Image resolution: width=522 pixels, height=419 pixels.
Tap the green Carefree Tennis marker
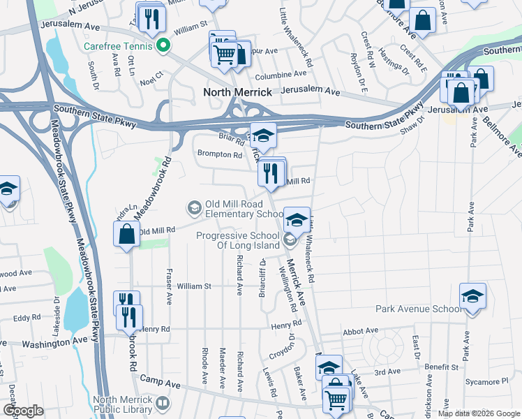click(164, 47)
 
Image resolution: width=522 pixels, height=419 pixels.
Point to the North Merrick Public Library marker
click(162, 403)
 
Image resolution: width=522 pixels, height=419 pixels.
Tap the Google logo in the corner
click(23, 411)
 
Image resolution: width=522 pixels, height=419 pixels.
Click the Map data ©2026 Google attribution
click(477, 413)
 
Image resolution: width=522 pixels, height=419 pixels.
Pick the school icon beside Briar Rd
click(263, 135)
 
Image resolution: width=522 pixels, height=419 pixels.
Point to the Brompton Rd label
click(218, 155)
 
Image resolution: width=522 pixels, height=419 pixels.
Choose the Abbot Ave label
click(361, 330)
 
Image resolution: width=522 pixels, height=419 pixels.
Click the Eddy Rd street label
click(27, 318)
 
